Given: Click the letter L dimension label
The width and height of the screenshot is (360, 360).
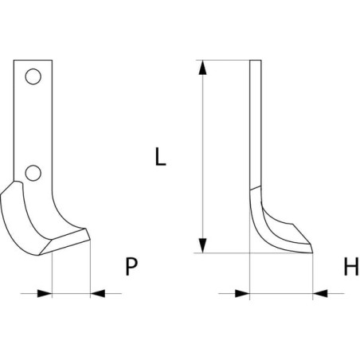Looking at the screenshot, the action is point(160,157).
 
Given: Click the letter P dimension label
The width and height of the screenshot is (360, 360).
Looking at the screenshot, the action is point(131,266).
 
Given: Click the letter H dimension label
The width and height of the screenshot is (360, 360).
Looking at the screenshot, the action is point(351,266).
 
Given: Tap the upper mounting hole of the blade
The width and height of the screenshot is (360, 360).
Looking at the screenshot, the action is point(33,76).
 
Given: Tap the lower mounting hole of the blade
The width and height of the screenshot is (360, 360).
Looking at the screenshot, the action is point(33,173).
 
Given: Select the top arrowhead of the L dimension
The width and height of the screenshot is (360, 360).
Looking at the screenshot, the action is point(202,67).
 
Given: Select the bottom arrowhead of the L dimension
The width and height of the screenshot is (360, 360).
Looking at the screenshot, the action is point(202,246).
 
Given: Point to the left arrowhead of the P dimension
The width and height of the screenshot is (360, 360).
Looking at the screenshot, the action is point(45,293).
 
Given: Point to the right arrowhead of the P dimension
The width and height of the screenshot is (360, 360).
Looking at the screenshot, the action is point(98,293).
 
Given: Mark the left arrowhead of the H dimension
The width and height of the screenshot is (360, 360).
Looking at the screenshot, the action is point(242,293).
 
